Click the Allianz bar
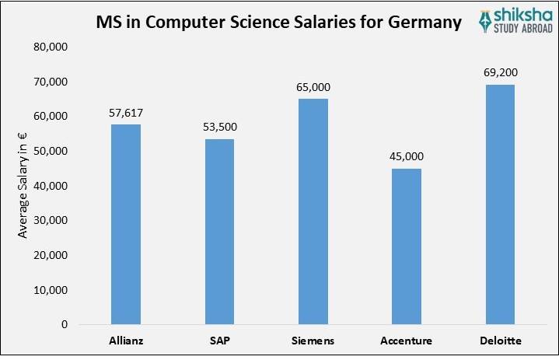click(x=126, y=224)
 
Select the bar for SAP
click(x=219, y=231)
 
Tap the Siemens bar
click(x=313, y=211)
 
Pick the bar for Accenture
click(x=407, y=246)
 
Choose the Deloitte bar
click(x=500, y=204)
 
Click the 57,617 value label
click(x=126, y=113)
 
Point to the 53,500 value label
click(x=219, y=127)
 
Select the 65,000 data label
click(x=313, y=87)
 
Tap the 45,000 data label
click(x=407, y=156)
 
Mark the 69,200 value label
click(x=500, y=72)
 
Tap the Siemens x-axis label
click(x=313, y=341)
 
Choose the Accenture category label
click(x=407, y=341)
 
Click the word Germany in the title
click(x=419, y=22)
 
